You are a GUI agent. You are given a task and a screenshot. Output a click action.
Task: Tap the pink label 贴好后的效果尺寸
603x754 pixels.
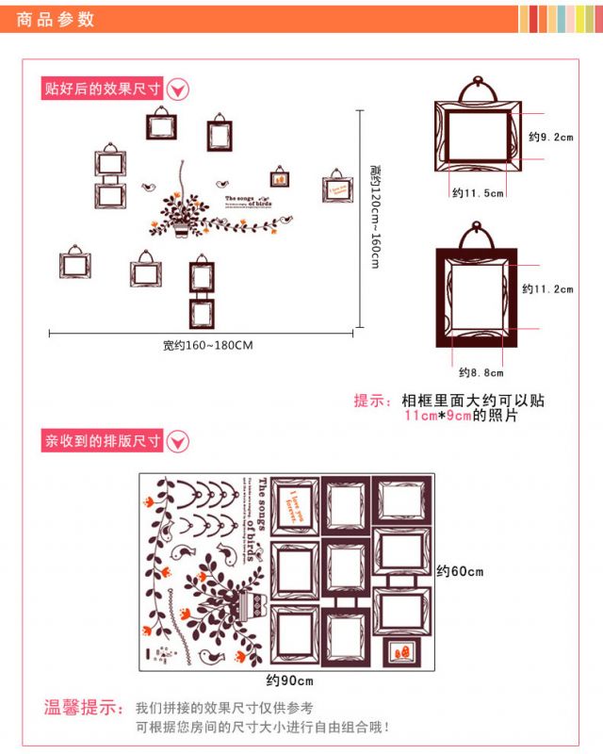tap(103, 89)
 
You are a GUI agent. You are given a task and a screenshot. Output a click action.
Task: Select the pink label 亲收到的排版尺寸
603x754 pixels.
tap(103, 440)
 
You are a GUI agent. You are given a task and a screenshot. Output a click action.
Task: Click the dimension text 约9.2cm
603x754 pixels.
tap(550, 138)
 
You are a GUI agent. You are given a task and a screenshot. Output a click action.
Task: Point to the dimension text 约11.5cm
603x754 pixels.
tap(478, 193)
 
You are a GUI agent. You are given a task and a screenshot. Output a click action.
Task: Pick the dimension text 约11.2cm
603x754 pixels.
tap(546, 289)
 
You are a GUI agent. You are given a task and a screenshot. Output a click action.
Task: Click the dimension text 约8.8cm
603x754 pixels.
tap(478, 372)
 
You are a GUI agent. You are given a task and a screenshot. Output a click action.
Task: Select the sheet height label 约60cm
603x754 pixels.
tap(460, 571)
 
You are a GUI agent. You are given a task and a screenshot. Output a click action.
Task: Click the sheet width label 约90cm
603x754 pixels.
tap(289, 680)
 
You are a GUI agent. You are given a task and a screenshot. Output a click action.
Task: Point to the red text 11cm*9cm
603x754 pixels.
tap(437, 416)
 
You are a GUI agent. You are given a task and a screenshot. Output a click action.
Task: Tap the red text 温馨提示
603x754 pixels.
tap(83, 707)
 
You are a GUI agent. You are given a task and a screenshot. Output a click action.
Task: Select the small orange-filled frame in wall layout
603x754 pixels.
tap(280, 177)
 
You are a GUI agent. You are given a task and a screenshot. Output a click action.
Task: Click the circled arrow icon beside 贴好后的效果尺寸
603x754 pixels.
tap(178, 90)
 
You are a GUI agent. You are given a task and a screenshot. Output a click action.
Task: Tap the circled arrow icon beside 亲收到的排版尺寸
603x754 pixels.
tap(178, 440)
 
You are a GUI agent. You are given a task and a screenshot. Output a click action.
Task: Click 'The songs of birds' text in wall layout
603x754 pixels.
tap(252, 201)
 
